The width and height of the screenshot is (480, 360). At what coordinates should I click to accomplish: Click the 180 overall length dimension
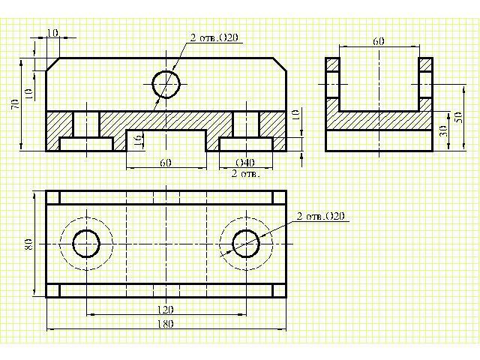(x=166, y=323)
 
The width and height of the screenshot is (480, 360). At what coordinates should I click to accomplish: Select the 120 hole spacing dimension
(x=166, y=310)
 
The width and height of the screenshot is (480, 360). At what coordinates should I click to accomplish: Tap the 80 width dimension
(x=28, y=244)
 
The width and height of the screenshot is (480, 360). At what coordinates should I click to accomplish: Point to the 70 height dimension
(x=15, y=104)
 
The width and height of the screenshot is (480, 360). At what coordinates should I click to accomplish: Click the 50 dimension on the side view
(x=459, y=117)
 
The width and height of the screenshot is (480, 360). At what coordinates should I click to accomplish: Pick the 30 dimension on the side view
(x=445, y=132)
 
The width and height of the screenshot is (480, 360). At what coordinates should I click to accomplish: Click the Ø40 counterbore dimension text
(x=245, y=162)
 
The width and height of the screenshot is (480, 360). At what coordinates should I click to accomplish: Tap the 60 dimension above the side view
(x=379, y=41)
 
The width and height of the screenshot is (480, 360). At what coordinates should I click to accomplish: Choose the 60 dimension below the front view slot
(x=166, y=162)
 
